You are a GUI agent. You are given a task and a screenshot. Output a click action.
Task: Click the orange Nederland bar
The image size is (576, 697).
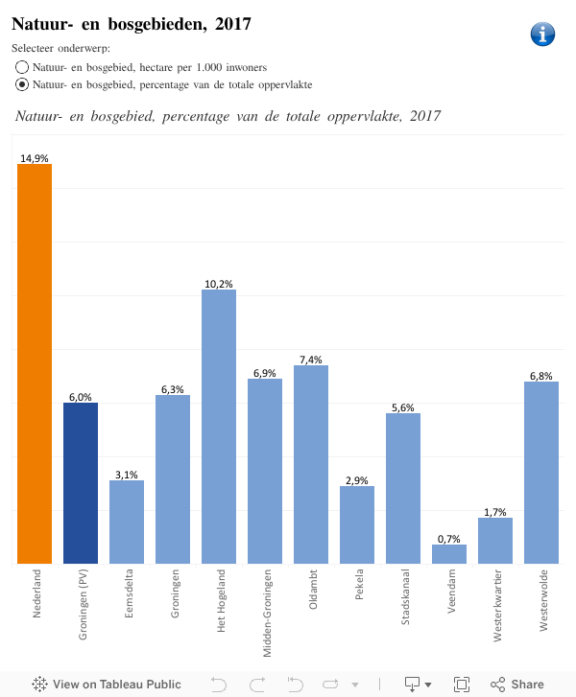(35, 364)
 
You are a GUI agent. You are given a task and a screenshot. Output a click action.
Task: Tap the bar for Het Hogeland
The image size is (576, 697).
(219, 427)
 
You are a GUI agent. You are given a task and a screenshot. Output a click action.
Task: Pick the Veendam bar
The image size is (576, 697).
(449, 554)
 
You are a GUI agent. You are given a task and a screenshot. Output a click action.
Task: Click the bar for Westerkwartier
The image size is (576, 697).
(495, 541)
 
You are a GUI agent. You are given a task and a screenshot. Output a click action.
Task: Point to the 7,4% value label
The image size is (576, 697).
(311, 360)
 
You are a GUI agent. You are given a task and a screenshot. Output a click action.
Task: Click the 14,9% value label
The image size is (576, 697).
(35, 158)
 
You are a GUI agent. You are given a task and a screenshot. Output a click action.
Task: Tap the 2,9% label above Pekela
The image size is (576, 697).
(357, 480)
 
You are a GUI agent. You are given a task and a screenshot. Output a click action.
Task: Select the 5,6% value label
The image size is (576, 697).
(403, 407)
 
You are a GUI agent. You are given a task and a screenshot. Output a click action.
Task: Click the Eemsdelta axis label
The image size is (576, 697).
(128, 594)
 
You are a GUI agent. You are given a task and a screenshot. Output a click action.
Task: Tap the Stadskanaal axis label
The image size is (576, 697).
(404, 598)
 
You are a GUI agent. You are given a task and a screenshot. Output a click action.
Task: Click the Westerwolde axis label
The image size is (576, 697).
(542, 599)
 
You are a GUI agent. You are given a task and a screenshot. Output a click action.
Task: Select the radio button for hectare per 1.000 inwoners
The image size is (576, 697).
(22, 67)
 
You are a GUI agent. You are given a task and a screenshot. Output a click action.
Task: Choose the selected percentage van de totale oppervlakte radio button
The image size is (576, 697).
(22, 84)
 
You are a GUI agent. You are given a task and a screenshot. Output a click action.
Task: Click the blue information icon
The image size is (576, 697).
(542, 34)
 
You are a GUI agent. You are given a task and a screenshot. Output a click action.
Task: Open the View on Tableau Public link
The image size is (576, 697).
(107, 684)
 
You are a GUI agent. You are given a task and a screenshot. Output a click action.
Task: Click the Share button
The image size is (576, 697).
(517, 684)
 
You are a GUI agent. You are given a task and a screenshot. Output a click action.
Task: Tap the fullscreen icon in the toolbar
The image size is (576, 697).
(462, 684)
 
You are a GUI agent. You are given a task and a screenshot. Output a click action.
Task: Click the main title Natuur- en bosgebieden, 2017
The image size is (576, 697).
(132, 24)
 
